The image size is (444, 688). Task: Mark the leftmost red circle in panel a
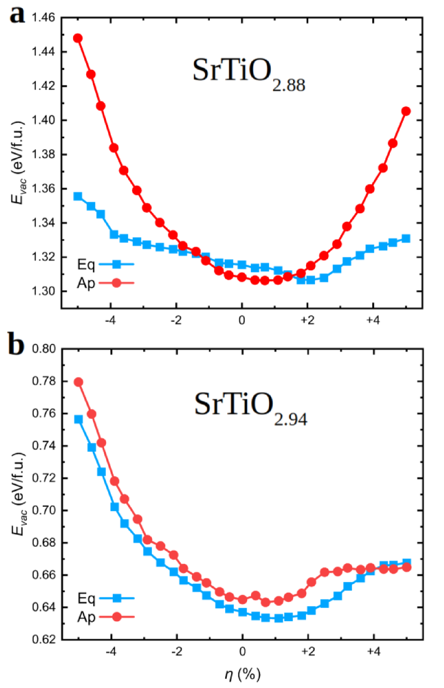coord(78,38)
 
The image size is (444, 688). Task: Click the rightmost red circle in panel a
coord(406,111)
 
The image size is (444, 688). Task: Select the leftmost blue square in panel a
coord(78,196)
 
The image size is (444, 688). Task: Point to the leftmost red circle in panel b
coord(78,382)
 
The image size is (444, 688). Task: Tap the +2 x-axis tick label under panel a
coord(307,321)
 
